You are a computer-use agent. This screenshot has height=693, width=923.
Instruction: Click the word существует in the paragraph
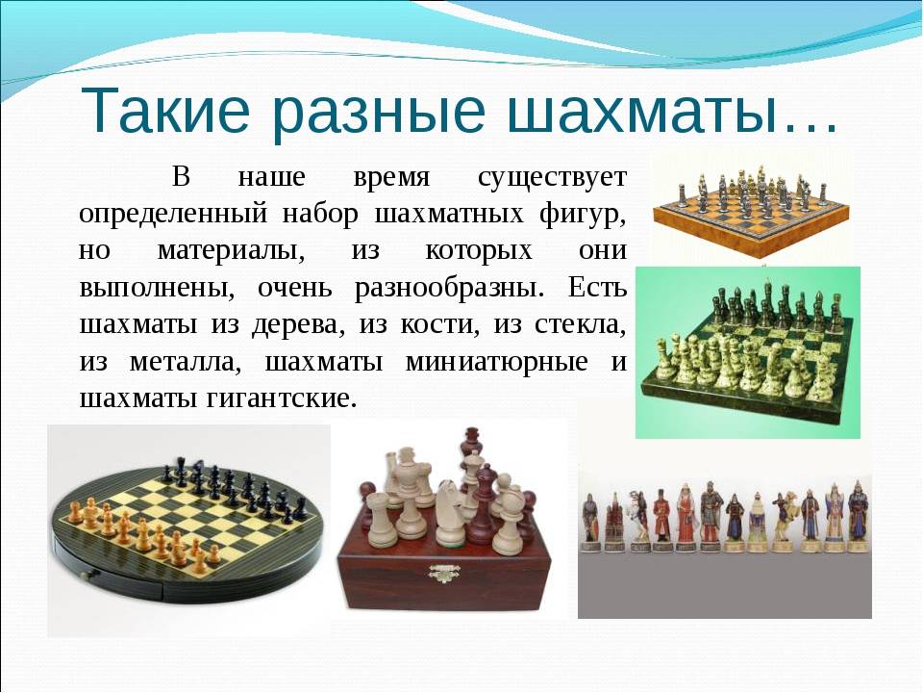click(552, 178)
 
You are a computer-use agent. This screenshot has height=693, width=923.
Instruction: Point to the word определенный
click(173, 215)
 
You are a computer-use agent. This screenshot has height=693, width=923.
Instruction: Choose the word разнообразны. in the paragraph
click(449, 289)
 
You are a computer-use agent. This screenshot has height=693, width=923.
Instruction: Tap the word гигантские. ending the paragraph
click(282, 398)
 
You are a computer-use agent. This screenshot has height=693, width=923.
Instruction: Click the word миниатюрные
click(496, 363)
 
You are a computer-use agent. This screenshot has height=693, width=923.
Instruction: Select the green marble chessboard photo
click(748, 352)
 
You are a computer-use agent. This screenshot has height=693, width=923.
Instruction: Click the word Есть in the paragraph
click(597, 288)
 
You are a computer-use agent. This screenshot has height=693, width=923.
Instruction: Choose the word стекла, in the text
click(580, 326)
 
